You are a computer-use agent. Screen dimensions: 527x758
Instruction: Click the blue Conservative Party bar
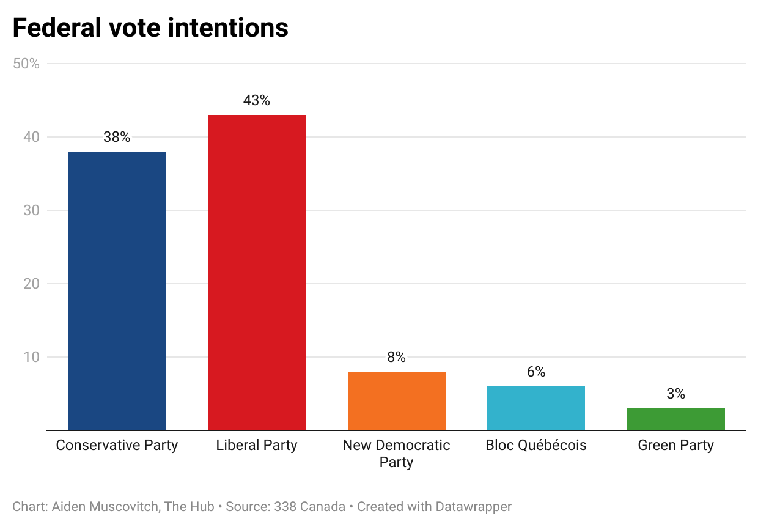116,290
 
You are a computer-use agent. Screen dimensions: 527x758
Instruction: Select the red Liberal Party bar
256,272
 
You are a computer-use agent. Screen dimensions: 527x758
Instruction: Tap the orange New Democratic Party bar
396,400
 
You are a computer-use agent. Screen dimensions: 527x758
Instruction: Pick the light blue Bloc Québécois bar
535,408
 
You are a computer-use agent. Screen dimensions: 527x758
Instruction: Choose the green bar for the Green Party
675,419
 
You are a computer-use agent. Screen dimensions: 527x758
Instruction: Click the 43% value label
256,100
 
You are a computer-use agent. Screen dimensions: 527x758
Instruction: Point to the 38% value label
116,137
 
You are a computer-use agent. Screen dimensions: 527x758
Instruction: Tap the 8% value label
396,357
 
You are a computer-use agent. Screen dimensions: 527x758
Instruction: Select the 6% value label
535,372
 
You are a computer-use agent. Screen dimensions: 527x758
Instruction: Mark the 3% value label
675,394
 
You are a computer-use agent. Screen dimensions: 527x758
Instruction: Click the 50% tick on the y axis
26,64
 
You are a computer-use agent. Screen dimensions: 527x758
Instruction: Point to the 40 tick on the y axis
32,137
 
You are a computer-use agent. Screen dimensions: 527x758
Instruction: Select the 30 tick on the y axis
32,210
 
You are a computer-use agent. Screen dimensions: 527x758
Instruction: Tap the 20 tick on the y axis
32,284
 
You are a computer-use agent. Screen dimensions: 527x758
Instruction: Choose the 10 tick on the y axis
32,357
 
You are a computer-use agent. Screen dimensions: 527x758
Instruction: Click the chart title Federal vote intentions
150,28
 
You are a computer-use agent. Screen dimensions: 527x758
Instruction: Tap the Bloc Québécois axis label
535,445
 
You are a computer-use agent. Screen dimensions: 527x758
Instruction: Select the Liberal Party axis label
256,445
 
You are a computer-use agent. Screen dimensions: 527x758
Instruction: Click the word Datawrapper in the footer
473,507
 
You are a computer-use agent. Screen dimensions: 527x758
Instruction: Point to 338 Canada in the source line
309,507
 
